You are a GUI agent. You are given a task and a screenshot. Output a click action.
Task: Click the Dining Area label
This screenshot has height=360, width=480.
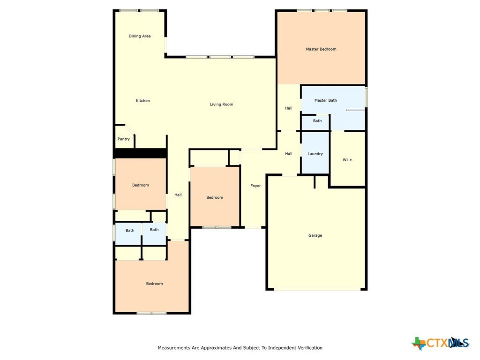click(140, 36)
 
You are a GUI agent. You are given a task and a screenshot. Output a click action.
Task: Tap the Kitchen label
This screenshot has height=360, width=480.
click(143, 101)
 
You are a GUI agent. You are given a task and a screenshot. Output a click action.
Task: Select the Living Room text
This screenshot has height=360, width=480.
click(222, 105)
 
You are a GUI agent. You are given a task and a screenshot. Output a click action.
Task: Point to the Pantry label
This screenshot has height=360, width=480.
click(124, 139)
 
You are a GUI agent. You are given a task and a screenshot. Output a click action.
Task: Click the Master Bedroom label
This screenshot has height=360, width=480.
click(321, 49)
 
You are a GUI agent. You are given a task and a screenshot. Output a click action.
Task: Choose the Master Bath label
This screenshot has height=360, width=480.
click(326, 100)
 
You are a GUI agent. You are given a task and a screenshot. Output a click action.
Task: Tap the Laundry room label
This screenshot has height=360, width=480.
click(315, 154)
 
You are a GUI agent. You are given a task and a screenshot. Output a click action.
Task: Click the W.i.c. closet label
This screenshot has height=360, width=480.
click(348, 160)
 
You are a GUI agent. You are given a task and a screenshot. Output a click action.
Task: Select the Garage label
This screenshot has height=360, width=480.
click(315, 235)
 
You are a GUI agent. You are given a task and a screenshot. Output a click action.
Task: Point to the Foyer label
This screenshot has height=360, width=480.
click(255, 186)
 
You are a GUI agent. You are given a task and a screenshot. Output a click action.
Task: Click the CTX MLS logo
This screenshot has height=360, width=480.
click(441, 343)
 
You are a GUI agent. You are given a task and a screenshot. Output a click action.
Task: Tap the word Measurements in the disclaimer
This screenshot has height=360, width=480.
click(174, 348)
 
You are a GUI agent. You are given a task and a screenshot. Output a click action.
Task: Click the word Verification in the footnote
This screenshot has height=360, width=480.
click(310, 348)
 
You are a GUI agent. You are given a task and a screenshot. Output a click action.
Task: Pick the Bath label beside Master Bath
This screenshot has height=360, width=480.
click(317, 121)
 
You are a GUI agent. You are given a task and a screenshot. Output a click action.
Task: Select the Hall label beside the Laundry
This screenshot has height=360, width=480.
click(289, 154)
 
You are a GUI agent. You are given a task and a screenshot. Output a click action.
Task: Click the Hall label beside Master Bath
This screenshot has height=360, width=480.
click(289, 108)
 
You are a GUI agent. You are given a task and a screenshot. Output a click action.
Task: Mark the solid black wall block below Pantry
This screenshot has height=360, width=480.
click(140, 153)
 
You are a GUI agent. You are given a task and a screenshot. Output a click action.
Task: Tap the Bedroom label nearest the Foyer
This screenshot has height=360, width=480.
click(215, 197)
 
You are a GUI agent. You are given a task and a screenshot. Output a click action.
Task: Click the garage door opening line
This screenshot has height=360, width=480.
click(317, 289)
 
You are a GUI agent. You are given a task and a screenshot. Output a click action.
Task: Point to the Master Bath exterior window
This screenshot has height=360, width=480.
click(366, 97)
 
